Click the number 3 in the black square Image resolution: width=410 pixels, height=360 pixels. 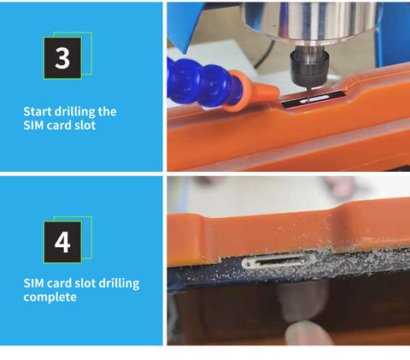point(62,58)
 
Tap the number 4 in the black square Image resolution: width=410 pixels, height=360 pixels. point(62,242)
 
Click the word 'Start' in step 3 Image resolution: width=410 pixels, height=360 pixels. point(38,111)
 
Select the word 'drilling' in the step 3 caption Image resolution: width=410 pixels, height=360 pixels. point(74,112)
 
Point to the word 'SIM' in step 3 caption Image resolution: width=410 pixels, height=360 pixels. point(33,126)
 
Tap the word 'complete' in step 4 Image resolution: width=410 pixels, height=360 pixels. point(50,298)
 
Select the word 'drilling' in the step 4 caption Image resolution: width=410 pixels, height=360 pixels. point(120,284)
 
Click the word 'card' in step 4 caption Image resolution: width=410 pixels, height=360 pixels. point(59,283)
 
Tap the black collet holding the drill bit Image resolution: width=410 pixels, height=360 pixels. point(309,67)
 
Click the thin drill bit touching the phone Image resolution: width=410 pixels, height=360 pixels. point(307,93)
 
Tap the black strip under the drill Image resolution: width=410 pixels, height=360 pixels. point(313,99)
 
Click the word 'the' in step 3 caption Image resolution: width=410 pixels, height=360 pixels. point(107,111)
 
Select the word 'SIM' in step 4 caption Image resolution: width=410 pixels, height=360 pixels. point(33,283)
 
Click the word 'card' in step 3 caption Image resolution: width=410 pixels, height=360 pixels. point(59,126)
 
